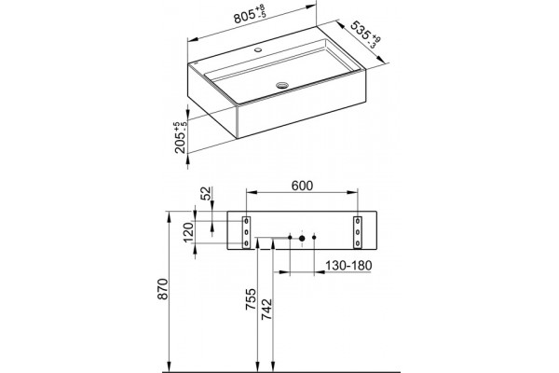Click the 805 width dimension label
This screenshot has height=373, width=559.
click(x=250, y=15)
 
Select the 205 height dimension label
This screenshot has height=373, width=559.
click(x=181, y=137)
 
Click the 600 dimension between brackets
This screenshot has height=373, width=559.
click(x=302, y=186)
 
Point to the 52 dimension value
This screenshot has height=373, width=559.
click(x=206, y=193)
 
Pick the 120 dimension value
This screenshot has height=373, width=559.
click(x=188, y=232)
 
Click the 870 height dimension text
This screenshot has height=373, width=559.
click(x=162, y=289)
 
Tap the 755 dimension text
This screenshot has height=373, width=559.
click(x=251, y=299)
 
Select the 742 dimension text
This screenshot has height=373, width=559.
click(x=266, y=309)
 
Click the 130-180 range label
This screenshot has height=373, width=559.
click(x=348, y=266)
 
